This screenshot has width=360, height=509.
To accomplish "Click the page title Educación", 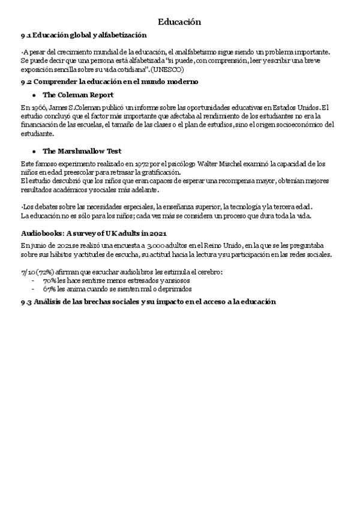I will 179,22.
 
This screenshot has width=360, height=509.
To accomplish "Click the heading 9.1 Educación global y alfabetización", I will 83,37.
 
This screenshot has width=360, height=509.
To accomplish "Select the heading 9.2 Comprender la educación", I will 110,81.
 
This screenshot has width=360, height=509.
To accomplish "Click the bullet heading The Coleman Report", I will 78,95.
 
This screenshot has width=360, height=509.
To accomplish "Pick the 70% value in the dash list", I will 49,280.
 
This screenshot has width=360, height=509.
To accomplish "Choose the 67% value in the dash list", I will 49,289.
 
